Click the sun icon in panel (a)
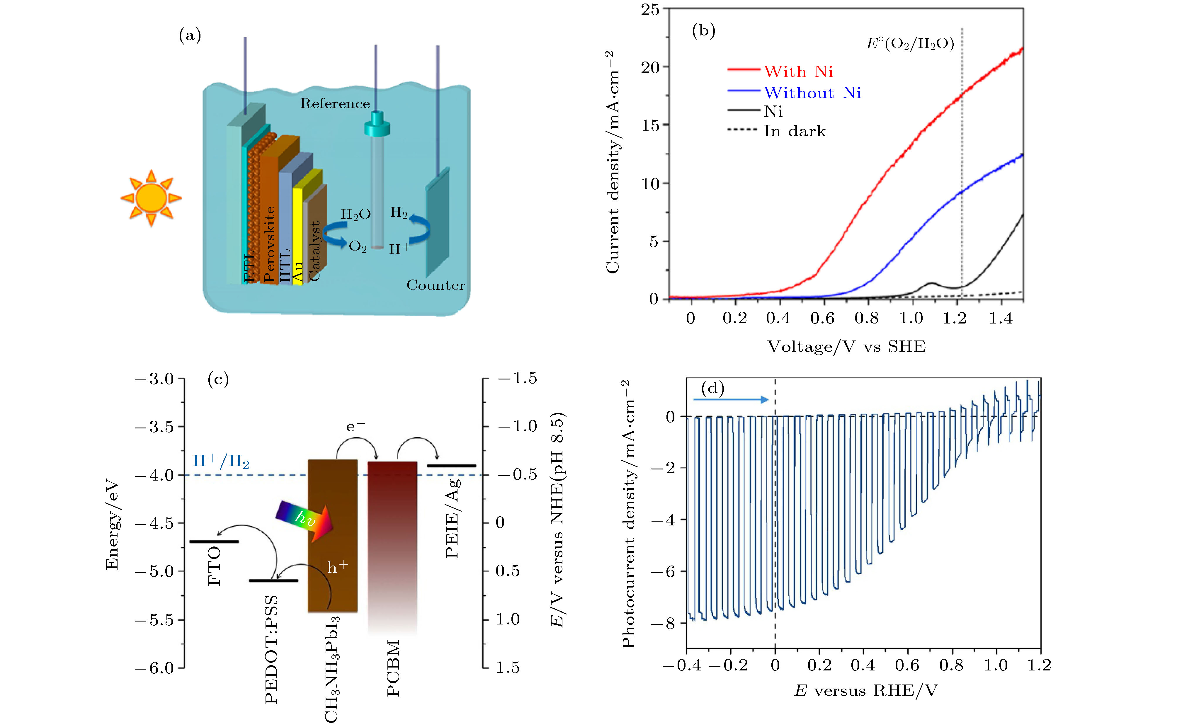point(151,198)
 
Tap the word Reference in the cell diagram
point(335,104)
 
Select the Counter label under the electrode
point(436,285)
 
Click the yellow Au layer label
point(298,272)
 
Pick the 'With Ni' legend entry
point(798,71)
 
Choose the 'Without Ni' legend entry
point(812,93)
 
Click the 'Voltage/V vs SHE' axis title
point(846,347)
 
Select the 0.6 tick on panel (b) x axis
point(822,318)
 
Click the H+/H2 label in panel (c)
point(221,461)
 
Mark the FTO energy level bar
point(214,542)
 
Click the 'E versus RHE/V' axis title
point(865,691)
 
